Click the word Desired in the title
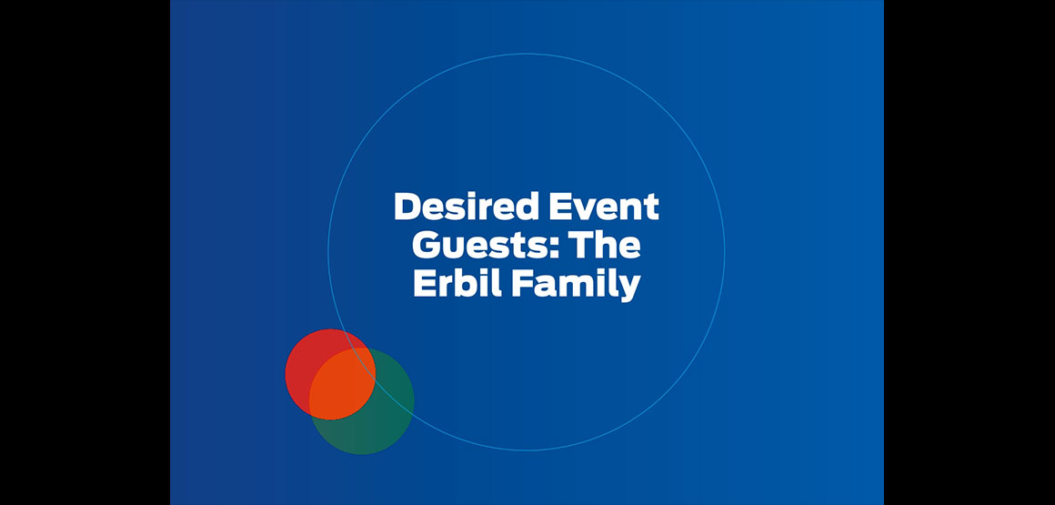click(467, 207)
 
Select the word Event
click(604, 207)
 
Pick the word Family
click(576, 285)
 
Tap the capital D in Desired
click(407, 207)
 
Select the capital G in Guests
click(426, 245)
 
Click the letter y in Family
click(628, 288)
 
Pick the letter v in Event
click(584, 210)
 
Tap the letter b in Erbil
click(467, 284)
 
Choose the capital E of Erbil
click(425, 284)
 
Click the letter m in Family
click(576, 287)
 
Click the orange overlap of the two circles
click(342, 384)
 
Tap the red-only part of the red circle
click(303, 367)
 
